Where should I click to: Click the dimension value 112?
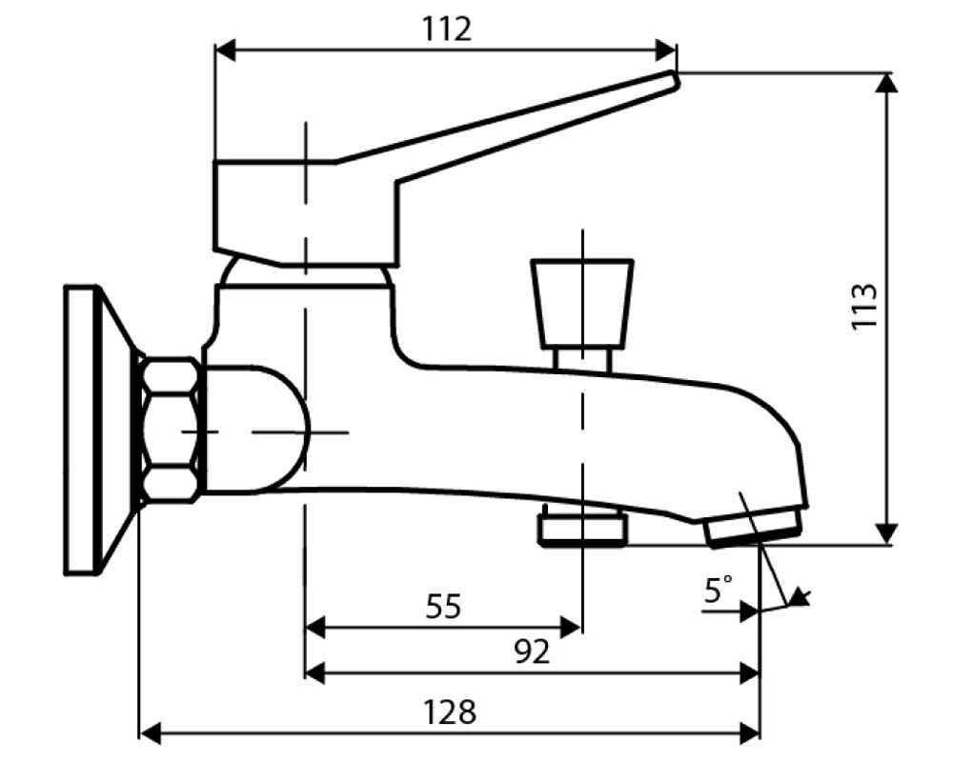click(x=447, y=30)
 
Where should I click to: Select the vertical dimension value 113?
click(x=863, y=306)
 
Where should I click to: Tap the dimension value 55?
click(x=442, y=606)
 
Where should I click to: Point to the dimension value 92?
click(x=532, y=652)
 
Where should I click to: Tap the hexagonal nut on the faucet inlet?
click(x=171, y=430)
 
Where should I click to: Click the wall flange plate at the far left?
click(x=84, y=430)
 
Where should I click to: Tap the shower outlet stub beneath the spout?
click(x=582, y=529)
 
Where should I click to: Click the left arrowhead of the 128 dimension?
click(x=150, y=732)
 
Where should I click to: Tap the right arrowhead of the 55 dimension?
click(x=571, y=627)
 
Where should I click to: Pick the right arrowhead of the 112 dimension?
click(x=666, y=50)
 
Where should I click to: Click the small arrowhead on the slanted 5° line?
click(x=800, y=598)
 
